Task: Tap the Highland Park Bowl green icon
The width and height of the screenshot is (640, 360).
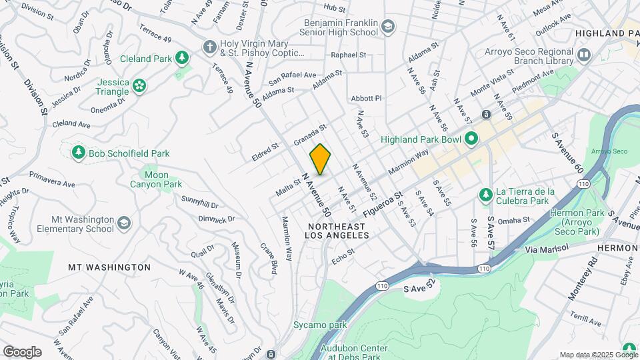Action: tap(472, 139)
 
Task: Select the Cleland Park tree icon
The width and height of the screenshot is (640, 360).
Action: tap(181, 59)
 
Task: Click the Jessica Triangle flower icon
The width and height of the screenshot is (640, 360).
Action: tap(139, 85)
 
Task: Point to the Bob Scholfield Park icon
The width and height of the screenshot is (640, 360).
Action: tap(79, 153)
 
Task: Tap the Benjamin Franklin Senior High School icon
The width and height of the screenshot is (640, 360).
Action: tap(387, 27)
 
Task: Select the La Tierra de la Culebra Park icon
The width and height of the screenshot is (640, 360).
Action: tap(486, 195)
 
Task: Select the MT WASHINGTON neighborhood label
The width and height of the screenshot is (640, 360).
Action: tap(109, 267)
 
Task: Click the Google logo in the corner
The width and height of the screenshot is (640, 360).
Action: tap(22, 352)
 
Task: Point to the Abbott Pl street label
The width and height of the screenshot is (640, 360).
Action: tap(366, 98)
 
